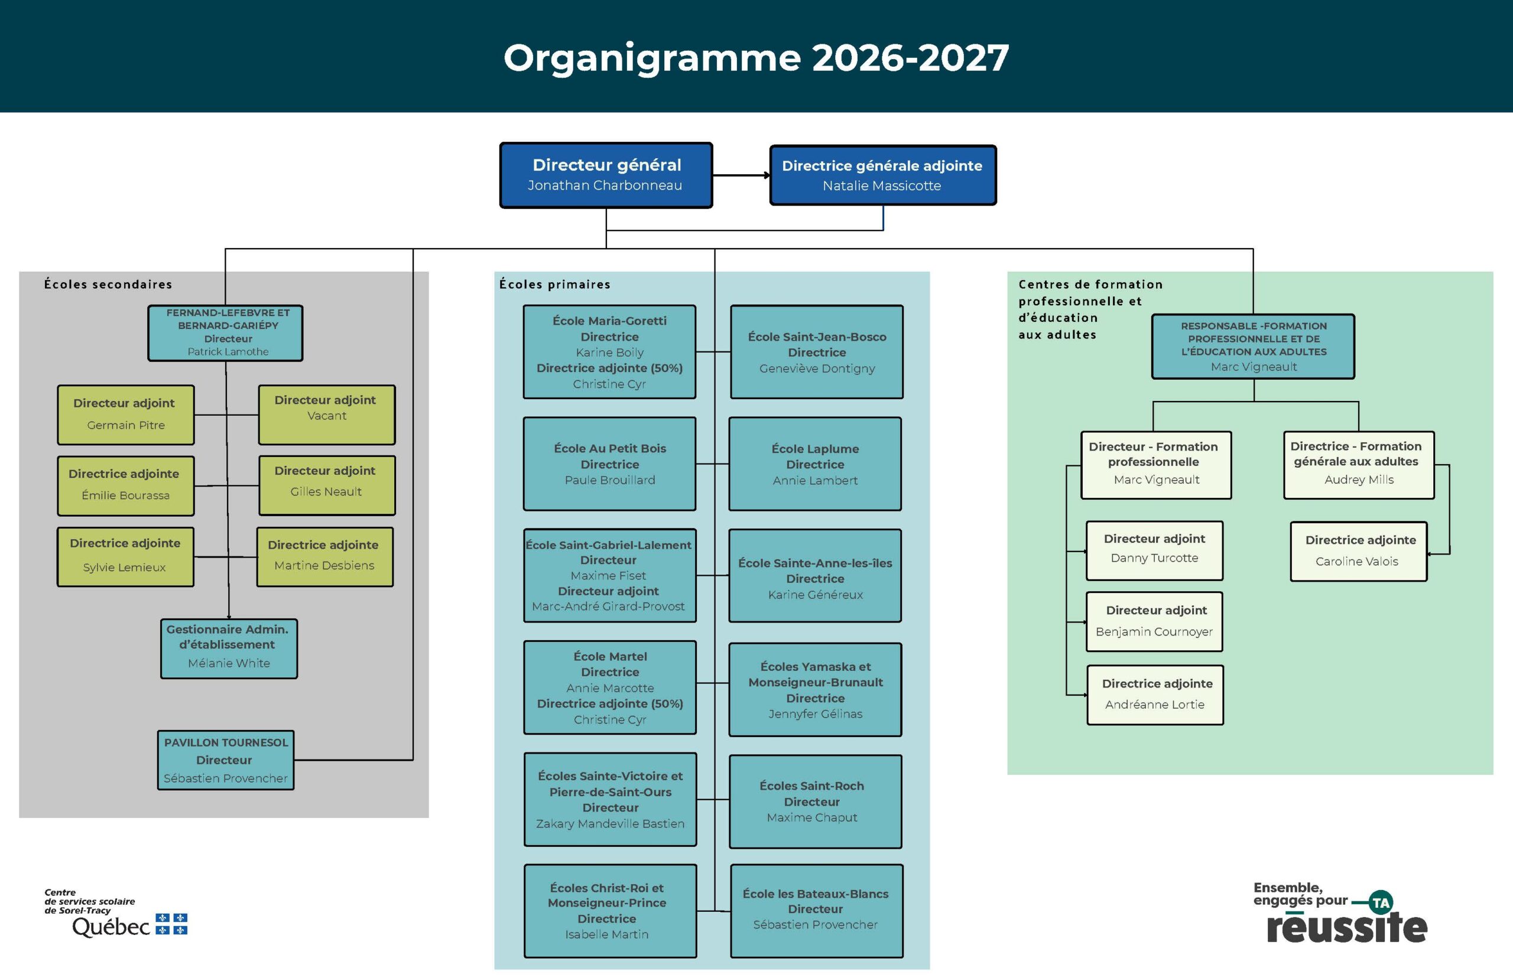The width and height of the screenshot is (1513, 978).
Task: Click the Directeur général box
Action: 606,175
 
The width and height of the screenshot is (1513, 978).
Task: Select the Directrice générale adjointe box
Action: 882,175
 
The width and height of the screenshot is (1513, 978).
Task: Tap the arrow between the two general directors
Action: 742,175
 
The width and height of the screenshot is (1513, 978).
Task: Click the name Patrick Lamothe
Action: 228,352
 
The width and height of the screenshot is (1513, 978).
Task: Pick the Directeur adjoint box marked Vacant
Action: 327,415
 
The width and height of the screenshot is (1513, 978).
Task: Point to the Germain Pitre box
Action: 126,415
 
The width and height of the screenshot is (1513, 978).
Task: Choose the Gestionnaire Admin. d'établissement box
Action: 229,648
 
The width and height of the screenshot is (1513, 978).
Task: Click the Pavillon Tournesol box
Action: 226,760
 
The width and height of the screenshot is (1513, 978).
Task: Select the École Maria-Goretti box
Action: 609,352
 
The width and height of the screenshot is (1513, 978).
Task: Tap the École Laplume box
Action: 815,464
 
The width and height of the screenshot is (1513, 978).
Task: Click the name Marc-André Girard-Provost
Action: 608,607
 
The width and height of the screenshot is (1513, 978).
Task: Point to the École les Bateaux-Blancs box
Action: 817,911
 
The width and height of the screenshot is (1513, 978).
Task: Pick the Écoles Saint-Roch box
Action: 815,801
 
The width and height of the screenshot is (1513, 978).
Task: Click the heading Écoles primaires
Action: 555,285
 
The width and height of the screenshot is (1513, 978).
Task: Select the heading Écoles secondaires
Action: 108,285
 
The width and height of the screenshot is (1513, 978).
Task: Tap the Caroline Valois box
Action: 1359,551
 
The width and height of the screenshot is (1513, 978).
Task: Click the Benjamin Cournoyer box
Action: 1154,622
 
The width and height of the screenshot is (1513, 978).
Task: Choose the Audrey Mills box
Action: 1359,465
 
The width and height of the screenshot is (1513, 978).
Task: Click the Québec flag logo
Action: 171,924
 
